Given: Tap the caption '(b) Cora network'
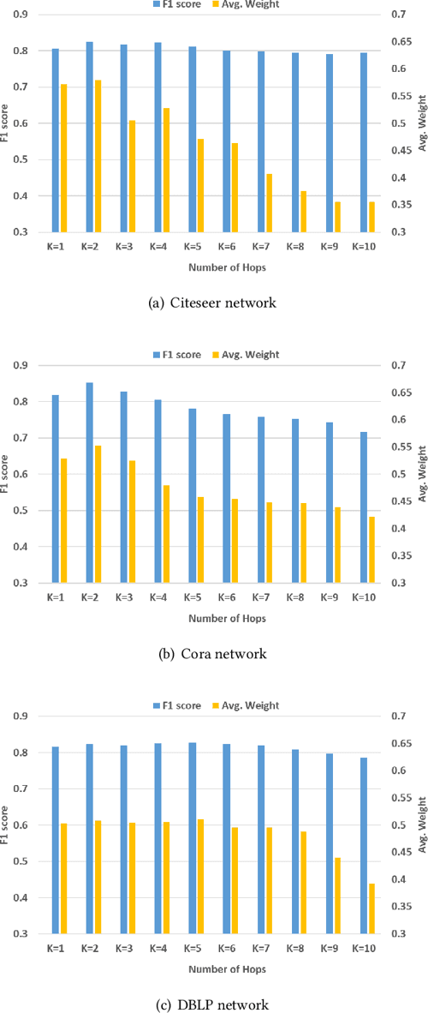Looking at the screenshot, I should (x=213, y=654).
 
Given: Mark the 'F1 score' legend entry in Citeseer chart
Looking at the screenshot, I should (x=175, y=4).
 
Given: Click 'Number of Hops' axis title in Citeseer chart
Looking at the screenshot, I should (x=213, y=267).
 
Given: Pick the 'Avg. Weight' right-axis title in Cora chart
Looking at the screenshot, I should (x=421, y=472).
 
